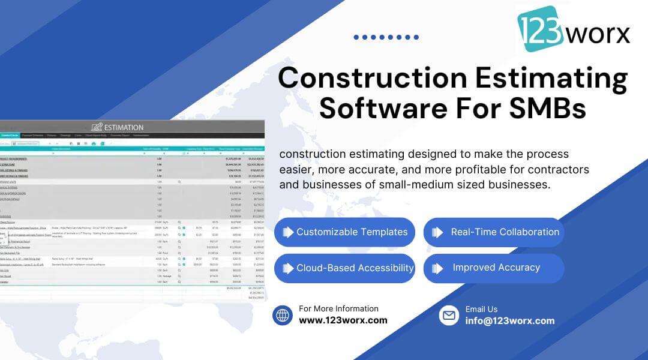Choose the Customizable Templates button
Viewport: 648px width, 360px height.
(x=344, y=232)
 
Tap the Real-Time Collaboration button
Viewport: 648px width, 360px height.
(x=494, y=232)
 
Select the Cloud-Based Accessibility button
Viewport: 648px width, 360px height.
(x=344, y=268)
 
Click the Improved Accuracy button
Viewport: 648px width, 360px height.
(x=494, y=268)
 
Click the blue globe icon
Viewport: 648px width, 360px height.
(x=283, y=315)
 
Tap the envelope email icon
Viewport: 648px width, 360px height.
(x=449, y=315)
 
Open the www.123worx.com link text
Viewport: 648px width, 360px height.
(x=343, y=320)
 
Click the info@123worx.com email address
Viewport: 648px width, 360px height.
(x=510, y=320)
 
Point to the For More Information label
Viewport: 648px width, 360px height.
(x=338, y=308)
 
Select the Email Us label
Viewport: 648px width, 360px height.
(x=481, y=309)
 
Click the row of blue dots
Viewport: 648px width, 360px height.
(x=386, y=37)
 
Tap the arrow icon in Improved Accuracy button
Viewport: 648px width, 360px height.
(x=438, y=268)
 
